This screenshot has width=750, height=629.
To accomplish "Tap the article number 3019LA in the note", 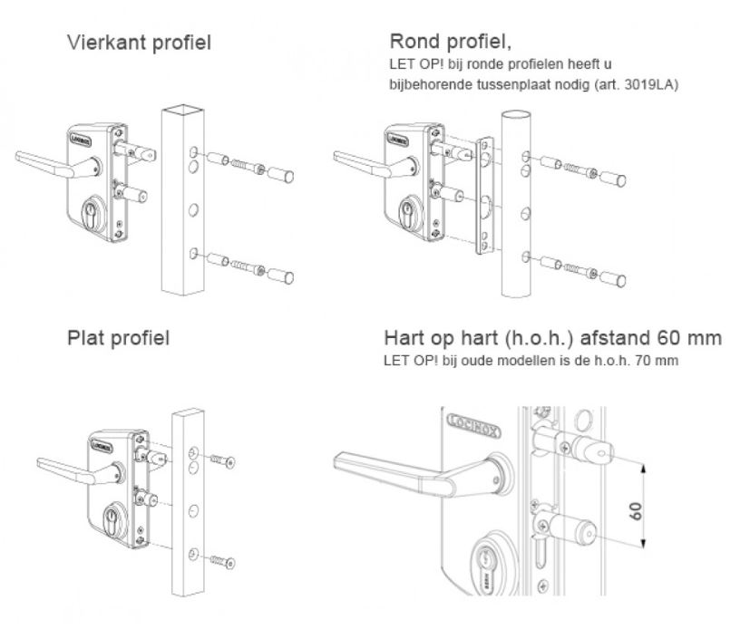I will pos(650,85).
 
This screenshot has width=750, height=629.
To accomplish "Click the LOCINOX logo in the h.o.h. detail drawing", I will pos(478,421).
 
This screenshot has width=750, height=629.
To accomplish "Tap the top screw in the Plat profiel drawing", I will pos(221,460).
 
